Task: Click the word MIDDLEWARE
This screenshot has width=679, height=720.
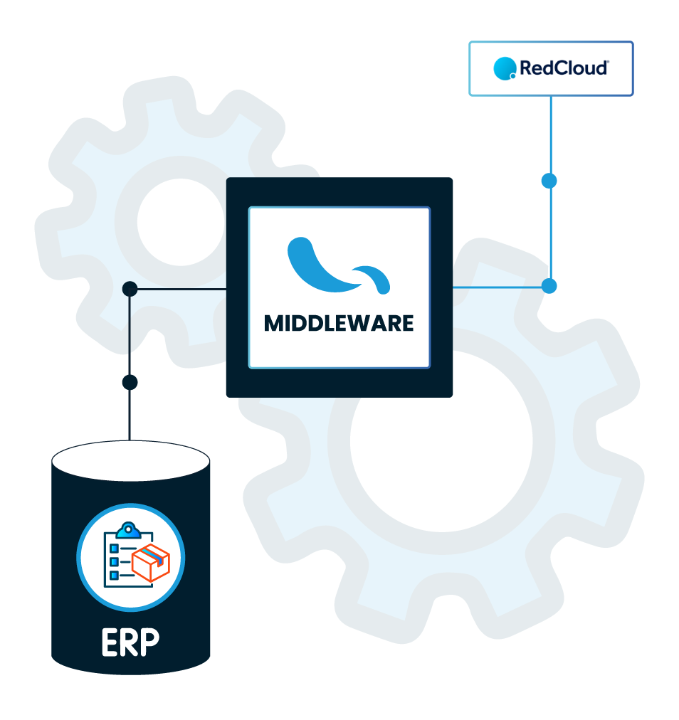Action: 339,323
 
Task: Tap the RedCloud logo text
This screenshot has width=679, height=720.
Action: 564,68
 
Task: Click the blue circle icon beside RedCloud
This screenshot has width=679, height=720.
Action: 505,68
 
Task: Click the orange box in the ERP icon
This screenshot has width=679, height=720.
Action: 151,563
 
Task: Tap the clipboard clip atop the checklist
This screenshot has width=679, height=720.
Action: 128,530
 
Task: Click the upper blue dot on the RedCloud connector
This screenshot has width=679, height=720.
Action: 549,181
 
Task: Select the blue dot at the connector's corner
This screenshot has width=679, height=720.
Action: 549,286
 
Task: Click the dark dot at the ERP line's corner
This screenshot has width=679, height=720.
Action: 130,289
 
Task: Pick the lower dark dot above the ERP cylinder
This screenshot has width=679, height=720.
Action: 130,382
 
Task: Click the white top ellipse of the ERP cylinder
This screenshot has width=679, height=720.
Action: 131,460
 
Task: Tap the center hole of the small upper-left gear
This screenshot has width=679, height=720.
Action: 181,222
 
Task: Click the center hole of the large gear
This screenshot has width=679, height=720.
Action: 441,441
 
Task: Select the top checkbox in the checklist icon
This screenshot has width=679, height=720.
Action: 115,549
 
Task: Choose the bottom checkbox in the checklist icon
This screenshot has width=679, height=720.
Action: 115,575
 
